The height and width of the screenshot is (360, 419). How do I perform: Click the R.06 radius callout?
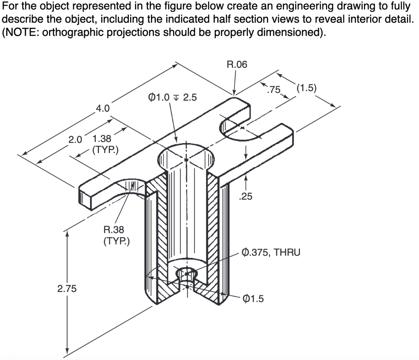237,65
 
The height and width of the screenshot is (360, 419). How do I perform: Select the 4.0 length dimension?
102,108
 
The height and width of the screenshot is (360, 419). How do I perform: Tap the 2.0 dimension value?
75,139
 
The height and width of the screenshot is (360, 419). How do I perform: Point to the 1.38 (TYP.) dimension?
105,144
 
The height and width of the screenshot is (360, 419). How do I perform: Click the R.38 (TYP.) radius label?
116,235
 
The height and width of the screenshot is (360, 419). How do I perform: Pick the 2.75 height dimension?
66,289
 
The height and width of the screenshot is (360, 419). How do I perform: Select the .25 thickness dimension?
246,197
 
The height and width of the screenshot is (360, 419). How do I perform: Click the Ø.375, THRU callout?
271,252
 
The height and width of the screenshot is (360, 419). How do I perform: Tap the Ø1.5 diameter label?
253,299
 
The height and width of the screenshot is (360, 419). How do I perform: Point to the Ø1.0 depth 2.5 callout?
172,97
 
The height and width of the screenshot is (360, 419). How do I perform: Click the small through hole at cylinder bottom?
187,274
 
